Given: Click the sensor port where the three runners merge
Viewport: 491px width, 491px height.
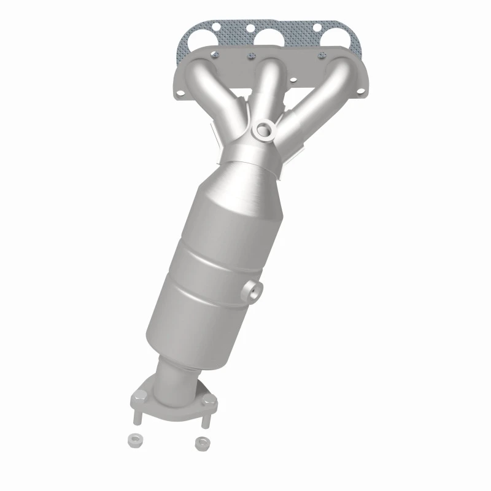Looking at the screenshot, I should coord(264,130).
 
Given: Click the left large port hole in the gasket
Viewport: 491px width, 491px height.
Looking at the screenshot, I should coord(211,40).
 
